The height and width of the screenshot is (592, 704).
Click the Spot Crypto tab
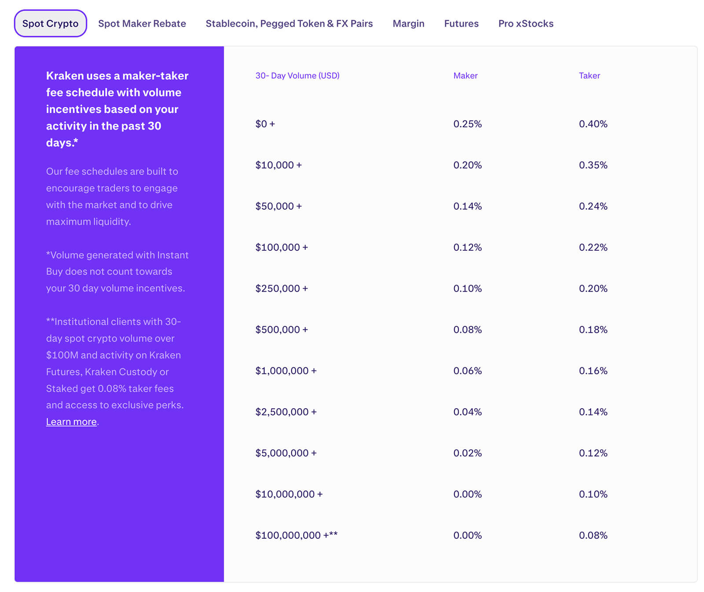[50, 24]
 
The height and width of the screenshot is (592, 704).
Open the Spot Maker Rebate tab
[142, 24]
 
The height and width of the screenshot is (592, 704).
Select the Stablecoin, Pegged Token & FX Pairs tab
[289, 24]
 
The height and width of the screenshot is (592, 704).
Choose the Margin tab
[408, 24]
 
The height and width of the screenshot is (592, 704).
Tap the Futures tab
[461, 24]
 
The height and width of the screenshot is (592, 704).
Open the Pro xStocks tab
[526, 24]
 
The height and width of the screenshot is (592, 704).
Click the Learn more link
[71, 422]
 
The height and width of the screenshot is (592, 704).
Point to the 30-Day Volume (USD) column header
[297, 76]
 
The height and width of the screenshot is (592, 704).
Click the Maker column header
[465, 76]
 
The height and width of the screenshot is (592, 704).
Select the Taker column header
[589, 76]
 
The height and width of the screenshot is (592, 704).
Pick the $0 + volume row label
[265, 124]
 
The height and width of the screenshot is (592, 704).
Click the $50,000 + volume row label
[278, 206]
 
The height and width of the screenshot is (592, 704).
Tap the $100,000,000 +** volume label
[296, 535]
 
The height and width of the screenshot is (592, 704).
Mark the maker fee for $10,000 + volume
[467, 165]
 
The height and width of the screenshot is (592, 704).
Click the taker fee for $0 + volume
[593, 124]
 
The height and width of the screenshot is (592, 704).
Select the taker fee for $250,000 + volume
[593, 289]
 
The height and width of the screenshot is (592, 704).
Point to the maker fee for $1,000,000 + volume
[467, 371]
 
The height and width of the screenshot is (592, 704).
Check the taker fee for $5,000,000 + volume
[593, 453]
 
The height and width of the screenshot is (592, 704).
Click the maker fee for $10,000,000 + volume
[467, 494]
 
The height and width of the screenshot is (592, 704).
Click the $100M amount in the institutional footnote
[62, 355]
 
